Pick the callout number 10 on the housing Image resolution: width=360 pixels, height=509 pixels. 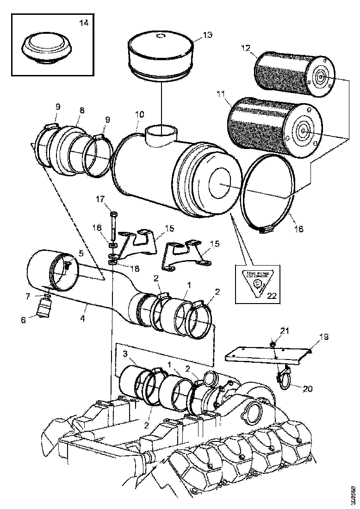pos(139,114)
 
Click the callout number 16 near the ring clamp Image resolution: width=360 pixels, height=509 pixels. pos(299,229)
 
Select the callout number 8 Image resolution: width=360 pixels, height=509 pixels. pos(81,111)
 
